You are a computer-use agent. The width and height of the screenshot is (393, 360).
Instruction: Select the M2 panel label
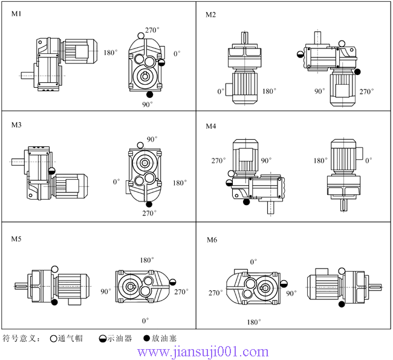click(211, 14)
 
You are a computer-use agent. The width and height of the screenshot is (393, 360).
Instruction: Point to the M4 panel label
click(211, 126)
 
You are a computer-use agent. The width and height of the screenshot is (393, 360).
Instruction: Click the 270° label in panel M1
click(152, 30)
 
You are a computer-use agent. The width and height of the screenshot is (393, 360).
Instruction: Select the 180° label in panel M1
click(109, 53)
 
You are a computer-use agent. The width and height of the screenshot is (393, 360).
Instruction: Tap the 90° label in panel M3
click(151, 139)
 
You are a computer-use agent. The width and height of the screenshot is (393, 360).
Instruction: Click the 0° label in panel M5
click(145, 320)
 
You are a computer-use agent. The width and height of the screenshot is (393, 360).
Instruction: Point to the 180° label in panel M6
click(254, 321)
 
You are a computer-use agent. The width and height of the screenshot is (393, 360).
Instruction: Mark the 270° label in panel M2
click(366, 92)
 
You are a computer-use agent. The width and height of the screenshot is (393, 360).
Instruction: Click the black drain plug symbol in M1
click(149, 94)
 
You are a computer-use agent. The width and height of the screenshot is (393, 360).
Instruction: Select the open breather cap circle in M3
click(141, 145)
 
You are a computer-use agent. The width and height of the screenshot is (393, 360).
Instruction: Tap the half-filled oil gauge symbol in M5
click(174, 281)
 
